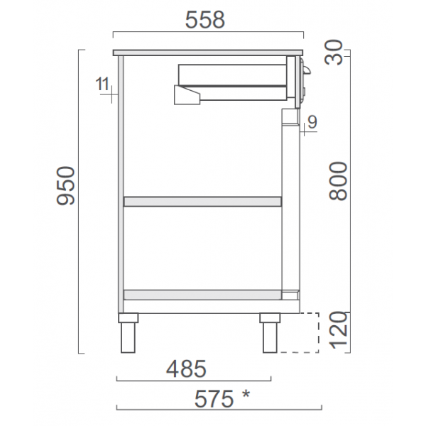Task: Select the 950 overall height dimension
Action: point(65,186)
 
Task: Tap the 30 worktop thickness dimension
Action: point(339,53)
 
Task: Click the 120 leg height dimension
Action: point(339,332)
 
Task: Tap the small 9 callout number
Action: point(312,121)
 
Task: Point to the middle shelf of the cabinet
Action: point(203,202)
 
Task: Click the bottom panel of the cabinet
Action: point(203,294)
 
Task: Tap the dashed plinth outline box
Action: point(297,332)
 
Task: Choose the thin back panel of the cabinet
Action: point(121,185)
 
